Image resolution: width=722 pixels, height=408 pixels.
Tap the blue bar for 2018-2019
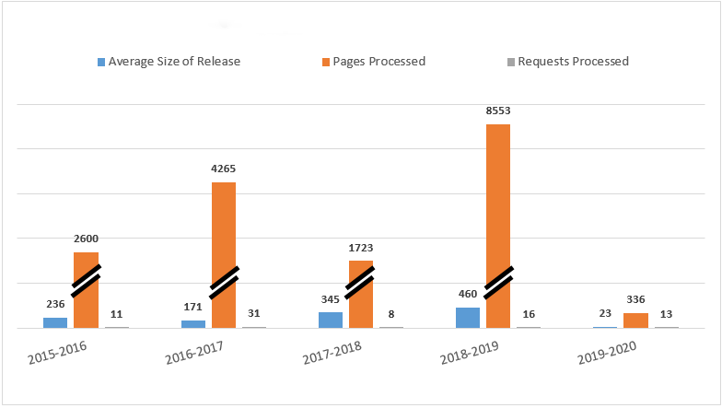468,317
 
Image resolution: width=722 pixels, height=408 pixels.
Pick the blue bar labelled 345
331,320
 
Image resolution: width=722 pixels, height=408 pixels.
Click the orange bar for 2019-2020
635,320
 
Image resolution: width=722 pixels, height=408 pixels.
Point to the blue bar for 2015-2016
55,322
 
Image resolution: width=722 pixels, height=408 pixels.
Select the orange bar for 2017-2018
361,304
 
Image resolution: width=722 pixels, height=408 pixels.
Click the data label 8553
498,111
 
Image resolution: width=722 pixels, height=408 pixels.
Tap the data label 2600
87,239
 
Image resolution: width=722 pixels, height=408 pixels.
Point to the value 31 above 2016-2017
254,314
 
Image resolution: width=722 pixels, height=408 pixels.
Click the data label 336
635,299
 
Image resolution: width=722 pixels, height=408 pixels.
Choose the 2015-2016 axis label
52,355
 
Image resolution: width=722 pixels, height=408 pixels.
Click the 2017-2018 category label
329,355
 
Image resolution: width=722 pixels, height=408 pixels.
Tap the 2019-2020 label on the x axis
604,355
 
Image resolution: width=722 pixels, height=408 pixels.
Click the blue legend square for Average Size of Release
101,63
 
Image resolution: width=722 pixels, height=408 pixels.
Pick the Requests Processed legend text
573,62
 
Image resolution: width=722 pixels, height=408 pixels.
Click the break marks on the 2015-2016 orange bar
87,280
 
